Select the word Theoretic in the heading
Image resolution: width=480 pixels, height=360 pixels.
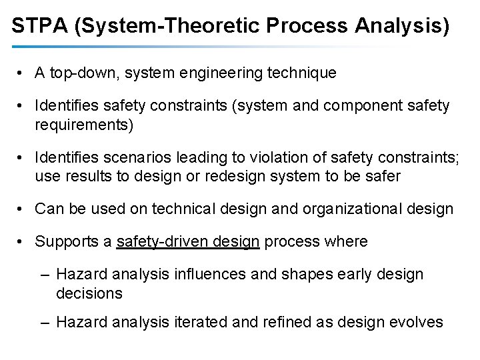click(214, 27)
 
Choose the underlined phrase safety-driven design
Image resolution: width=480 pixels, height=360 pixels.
click(188, 241)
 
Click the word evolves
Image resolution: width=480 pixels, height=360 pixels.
click(417, 323)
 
